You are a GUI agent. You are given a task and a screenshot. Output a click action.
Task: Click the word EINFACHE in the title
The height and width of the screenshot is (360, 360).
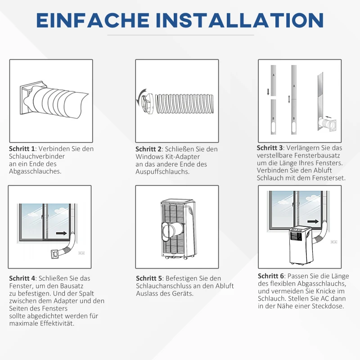tap(93, 20)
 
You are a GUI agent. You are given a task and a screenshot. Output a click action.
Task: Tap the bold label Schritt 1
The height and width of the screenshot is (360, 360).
tap(22, 148)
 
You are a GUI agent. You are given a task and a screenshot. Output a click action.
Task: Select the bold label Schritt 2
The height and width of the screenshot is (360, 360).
tap(148, 149)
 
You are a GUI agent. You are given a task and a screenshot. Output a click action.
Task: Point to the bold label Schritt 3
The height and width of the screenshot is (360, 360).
tap(270, 148)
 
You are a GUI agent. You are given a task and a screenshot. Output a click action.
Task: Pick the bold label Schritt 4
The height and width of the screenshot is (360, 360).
tap(22, 278)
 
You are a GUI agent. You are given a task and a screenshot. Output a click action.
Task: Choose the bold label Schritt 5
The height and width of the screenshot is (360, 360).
tap(149, 278)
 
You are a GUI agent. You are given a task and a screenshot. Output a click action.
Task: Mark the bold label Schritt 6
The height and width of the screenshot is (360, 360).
tap(271, 276)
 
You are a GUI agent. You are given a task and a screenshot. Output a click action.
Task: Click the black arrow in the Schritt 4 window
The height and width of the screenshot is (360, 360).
tap(61, 234)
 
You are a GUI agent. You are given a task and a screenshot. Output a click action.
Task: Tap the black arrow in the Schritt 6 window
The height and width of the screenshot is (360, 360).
tap(314, 221)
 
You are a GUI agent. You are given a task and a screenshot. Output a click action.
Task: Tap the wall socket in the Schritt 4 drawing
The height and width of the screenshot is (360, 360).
tap(81, 253)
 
